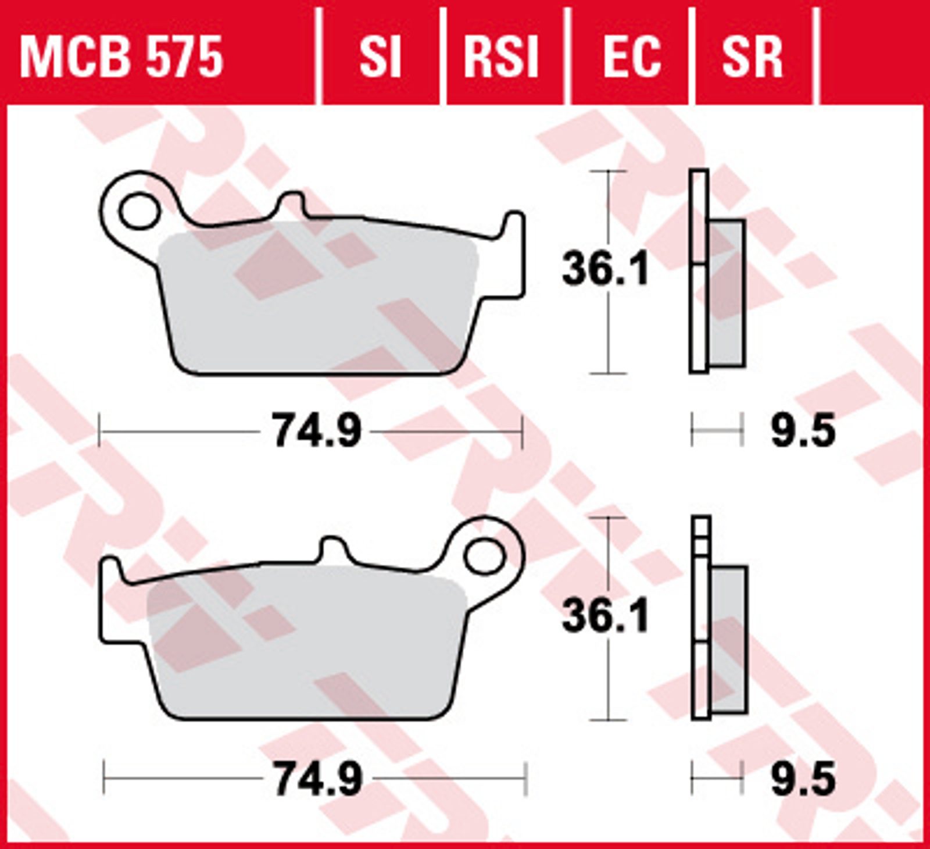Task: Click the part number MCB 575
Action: pos(121,56)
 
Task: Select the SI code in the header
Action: pos(380,56)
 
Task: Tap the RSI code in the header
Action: pos(501,56)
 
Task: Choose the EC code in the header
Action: pos(632,56)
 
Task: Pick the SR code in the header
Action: pos(752,56)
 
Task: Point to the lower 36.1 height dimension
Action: pos(604,616)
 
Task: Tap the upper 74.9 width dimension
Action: pos(317,431)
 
